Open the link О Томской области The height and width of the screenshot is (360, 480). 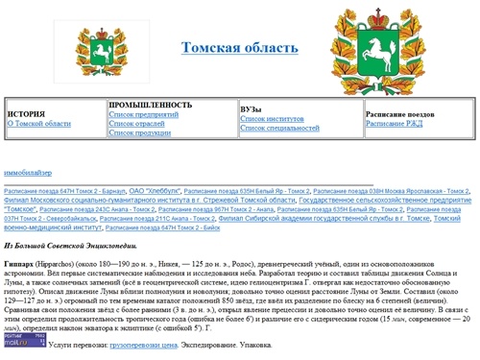click(38, 124)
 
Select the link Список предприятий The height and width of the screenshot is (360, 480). click(143, 114)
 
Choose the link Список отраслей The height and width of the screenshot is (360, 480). click(137, 124)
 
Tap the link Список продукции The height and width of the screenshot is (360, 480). click(140, 133)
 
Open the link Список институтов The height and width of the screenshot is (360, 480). click(273, 119)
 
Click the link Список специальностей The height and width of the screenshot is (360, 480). click(278, 129)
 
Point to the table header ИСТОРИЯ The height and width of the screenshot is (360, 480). click(27, 114)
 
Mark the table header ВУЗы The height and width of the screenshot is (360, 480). click(252, 109)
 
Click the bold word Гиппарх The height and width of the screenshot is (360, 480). click(18, 262)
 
